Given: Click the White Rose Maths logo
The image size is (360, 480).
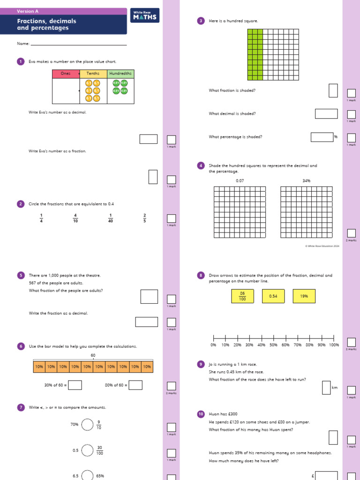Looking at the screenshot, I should pyautogui.click(x=146, y=16).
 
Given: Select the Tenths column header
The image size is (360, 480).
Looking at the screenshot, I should pyautogui.click(x=93, y=74).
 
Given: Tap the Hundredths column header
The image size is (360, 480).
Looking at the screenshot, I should pyautogui.click(x=120, y=74).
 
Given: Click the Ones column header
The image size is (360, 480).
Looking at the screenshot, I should pyautogui.click(x=66, y=74).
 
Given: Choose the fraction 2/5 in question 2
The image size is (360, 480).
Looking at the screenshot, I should pyautogui.click(x=145, y=218).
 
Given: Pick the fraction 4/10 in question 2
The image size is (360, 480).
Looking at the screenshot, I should pyautogui.click(x=75, y=218).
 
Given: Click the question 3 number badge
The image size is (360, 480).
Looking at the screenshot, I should pyautogui.click(x=201, y=21).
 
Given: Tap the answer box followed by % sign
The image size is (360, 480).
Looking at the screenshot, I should pyautogui.click(x=322, y=137).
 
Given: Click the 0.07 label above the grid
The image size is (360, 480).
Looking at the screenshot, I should pyautogui.click(x=240, y=180).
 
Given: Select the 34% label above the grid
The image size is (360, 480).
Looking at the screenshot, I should pyautogui.click(x=307, y=180).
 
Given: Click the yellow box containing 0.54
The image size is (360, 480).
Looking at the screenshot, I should pyautogui.click(x=273, y=296).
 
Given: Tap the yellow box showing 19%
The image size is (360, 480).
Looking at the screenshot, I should pyautogui.click(x=304, y=296).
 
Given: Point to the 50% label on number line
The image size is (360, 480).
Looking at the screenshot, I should pyautogui.click(x=274, y=345).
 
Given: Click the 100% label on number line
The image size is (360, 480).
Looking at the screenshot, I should pyautogui.click(x=334, y=345).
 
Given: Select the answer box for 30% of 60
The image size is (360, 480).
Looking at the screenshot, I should pyautogui.click(x=75, y=385).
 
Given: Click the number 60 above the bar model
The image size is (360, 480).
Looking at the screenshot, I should pyautogui.click(x=93, y=355).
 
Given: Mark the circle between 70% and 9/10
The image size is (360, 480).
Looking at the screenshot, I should pyautogui.click(x=88, y=425).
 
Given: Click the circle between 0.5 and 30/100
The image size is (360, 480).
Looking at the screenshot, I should pyautogui.click(x=88, y=450).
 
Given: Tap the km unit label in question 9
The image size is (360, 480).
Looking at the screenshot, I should pyautogui.click(x=335, y=388).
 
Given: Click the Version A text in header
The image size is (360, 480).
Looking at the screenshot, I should pyautogui.click(x=28, y=11).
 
